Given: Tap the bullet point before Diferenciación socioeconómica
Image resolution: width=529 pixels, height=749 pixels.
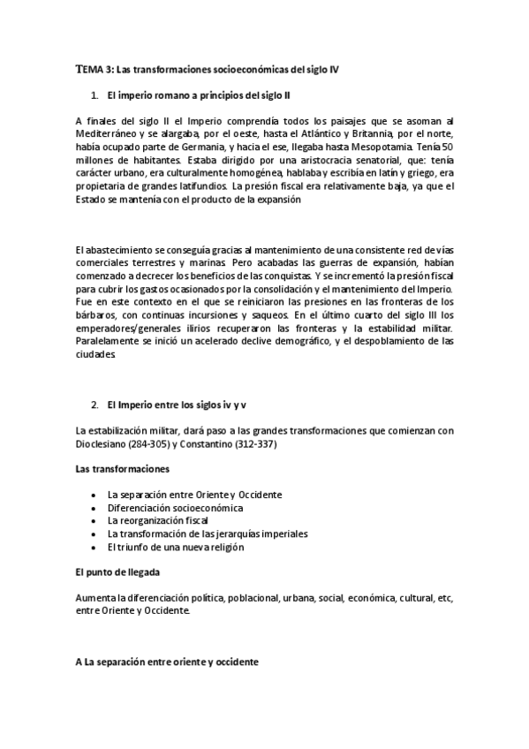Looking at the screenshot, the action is [93, 509].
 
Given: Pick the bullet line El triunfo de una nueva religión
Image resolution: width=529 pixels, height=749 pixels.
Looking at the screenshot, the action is [175, 548].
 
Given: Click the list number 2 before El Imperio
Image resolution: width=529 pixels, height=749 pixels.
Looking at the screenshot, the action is [94, 405].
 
